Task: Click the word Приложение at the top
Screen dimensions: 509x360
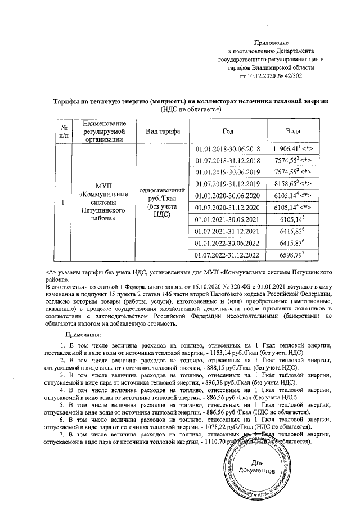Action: pos(272,43)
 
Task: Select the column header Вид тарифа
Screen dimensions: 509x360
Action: pos(163,132)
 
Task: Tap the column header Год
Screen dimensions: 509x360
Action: pos(227,132)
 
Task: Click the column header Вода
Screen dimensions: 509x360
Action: pos(293,132)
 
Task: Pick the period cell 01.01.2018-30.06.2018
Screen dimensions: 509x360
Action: pos(227,148)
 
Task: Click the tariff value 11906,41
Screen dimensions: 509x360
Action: pos(287,148)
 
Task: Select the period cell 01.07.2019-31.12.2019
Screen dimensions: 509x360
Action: pos(227,184)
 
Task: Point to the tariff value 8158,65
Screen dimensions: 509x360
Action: pos(287,184)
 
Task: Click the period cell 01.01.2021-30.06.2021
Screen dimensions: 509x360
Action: pos(227,219)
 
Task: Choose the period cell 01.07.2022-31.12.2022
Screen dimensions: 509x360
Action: pos(227,255)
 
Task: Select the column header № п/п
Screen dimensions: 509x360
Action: pos(64,132)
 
